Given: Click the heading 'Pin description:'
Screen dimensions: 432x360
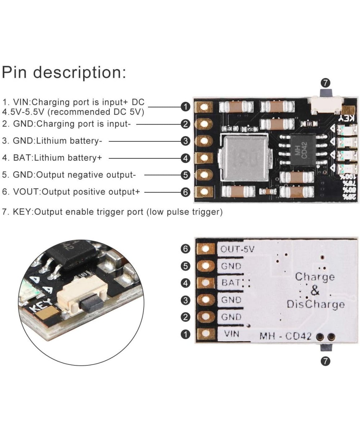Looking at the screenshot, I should [x=64, y=72].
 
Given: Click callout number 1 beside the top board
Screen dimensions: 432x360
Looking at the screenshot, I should [x=185, y=107].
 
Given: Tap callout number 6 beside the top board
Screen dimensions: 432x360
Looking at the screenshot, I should [x=185, y=192].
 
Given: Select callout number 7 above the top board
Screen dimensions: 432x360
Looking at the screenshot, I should [x=325, y=83].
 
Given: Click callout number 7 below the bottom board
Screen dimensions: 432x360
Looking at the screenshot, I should [x=325, y=361].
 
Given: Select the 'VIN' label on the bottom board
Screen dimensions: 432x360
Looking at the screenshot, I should [x=231, y=334].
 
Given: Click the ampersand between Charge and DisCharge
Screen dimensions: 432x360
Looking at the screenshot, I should [x=315, y=291].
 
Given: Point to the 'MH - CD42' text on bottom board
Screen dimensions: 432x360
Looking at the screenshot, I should [x=285, y=337].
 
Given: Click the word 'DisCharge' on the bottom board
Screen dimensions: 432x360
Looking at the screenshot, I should [x=315, y=305].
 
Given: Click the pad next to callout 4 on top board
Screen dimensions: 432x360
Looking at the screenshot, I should [x=204, y=158].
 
